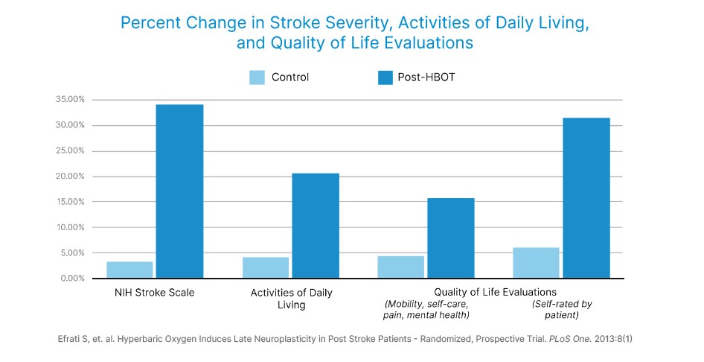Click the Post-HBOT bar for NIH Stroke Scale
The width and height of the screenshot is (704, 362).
point(179,191)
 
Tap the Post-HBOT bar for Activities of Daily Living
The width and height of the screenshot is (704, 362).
point(316,226)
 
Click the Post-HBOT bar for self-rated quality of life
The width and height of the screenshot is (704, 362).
point(586,198)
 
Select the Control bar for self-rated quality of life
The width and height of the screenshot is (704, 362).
point(536,263)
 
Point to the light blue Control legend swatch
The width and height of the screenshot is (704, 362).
point(257,77)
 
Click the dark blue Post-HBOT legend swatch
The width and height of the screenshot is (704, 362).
point(385,77)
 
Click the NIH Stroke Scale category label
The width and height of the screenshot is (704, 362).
point(155,293)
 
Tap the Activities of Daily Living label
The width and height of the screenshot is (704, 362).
point(292,299)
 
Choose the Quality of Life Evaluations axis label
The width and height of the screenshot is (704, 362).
point(495,292)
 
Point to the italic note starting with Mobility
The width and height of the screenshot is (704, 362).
point(426,309)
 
